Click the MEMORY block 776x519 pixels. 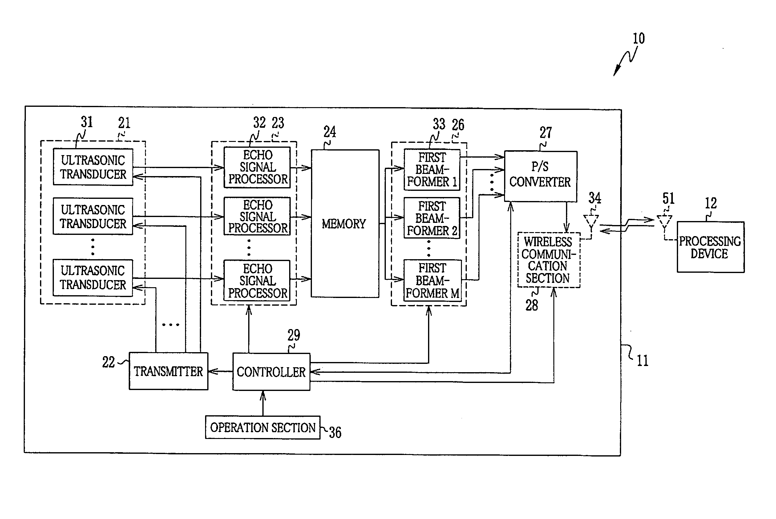345,223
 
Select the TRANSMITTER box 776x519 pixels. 168,371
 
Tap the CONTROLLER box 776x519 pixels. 271,372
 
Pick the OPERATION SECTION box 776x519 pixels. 263,427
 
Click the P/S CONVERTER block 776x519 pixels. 541,176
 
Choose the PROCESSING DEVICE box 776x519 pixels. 710,247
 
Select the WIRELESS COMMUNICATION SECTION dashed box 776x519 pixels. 549,260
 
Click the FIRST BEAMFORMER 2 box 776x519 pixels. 432,218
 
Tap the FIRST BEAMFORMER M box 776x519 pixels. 432,280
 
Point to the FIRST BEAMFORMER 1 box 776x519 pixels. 432,170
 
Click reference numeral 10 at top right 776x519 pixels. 639,39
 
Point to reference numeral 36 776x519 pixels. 335,432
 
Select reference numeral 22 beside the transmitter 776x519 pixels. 108,362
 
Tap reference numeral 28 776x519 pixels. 532,305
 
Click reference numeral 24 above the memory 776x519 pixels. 330,132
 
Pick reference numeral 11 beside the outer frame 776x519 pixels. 643,360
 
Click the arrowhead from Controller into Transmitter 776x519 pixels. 212,371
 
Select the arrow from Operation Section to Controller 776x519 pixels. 263,403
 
